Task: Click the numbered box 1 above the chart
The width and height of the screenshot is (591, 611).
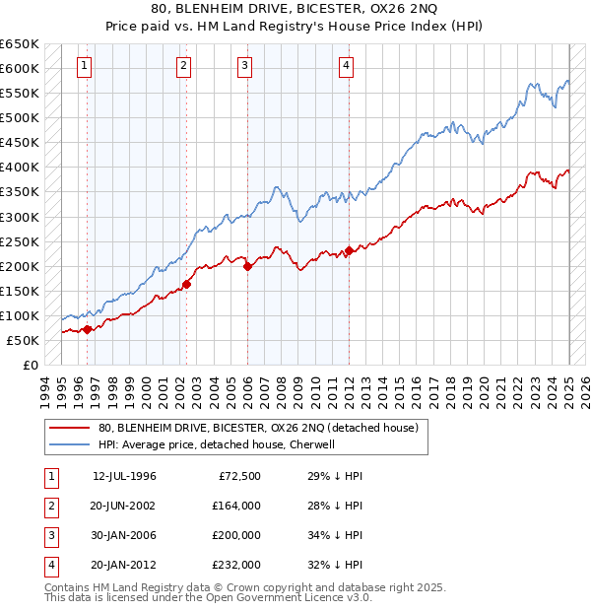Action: point(85,66)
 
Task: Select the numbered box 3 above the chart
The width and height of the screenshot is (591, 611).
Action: point(244,66)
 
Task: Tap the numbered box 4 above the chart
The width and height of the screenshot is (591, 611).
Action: point(347,66)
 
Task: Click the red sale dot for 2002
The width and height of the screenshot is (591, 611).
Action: point(186,284)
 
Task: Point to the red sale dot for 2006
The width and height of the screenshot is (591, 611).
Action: point(247,266)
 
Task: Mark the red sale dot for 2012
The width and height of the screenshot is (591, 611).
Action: point(349,250)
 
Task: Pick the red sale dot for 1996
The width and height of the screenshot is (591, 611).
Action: point(87,329)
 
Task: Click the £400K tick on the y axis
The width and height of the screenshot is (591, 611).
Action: point(21,168)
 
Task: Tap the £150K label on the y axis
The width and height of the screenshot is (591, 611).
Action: point(21,291)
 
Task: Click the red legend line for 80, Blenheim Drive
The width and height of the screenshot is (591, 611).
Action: point(70,428)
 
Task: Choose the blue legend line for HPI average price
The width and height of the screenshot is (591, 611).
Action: point(70,444)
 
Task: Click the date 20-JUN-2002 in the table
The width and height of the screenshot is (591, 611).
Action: point(125,506)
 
